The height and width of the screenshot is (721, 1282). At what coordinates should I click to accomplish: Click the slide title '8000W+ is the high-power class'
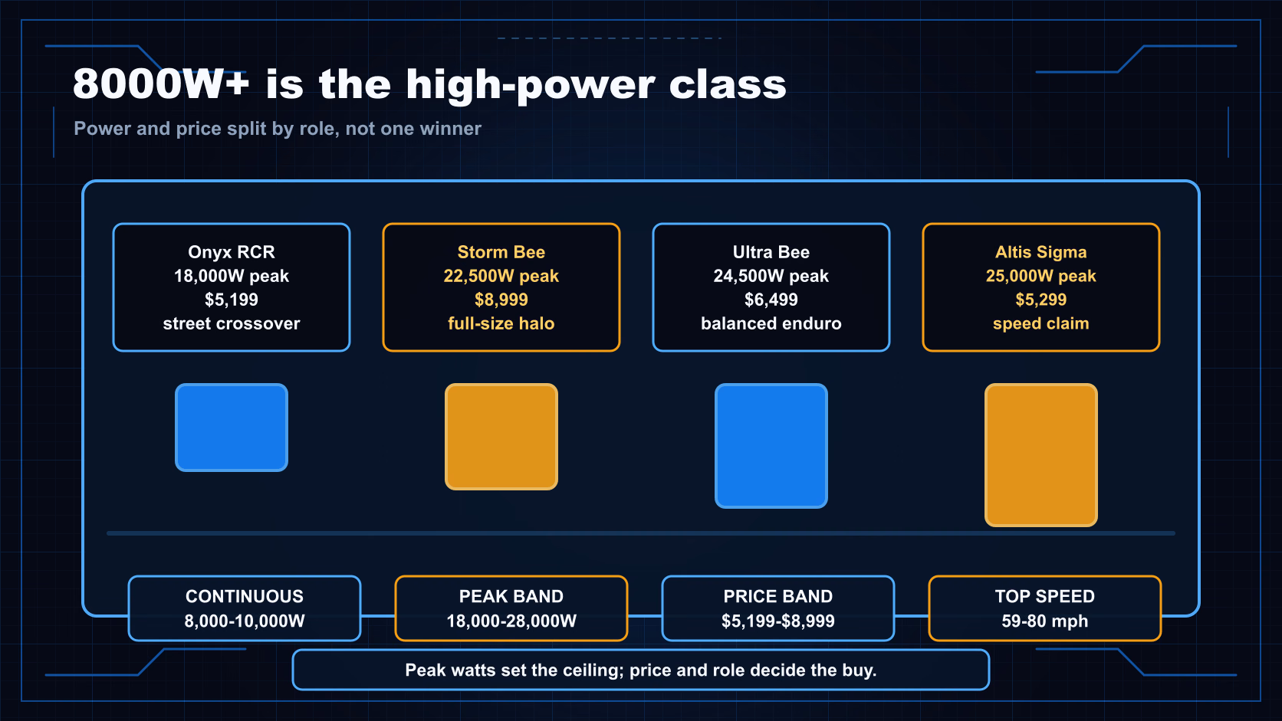coord(429,84)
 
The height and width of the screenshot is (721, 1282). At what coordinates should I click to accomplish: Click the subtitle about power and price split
coord(278,129)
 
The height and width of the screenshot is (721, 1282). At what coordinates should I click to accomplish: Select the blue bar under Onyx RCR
coord(232,428)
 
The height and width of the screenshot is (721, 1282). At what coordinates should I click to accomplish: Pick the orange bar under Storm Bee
coord(501,437)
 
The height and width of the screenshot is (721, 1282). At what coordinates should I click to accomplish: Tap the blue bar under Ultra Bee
coord(771,446)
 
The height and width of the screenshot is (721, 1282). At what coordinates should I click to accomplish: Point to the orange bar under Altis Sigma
coord(1041,455)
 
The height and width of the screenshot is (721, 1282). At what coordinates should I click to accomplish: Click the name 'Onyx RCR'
coord(232,252)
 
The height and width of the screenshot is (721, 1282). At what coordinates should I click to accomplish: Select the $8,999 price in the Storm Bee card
coord(501,300)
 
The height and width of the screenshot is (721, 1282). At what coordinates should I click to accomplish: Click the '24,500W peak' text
coord(771,276)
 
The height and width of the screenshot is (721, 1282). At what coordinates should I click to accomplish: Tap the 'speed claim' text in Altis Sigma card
coord(1041,323)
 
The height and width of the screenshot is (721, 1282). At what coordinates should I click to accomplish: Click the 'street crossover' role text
coord(232,323)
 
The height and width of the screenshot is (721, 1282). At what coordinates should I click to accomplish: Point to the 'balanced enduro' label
coord(771,323)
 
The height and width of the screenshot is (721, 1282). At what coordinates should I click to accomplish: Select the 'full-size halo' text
coord(501,323)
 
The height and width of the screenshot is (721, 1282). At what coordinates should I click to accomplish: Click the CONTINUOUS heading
coord(245,596)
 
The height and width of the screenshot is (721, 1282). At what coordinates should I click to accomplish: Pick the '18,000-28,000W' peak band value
coord(511,621)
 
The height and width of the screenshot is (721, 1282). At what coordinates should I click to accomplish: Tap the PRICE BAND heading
coord(777,596)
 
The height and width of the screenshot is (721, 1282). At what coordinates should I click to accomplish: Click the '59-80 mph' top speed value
coord(1044,621)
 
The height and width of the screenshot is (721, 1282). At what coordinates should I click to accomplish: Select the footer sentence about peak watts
coord(641,670)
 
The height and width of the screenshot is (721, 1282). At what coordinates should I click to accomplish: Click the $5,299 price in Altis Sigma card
coord(1041,300)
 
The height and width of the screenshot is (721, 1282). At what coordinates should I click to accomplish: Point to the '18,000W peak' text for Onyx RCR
coord(232,276)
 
